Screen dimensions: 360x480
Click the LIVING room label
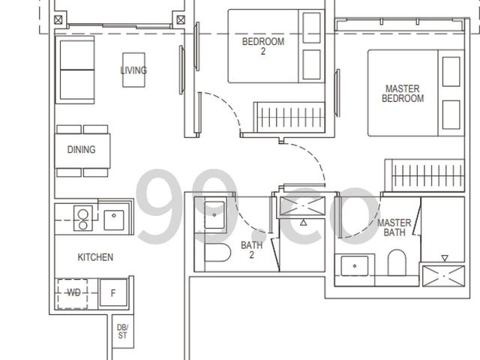(x=133, y=70)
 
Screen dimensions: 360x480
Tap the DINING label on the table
(x=81, y=149)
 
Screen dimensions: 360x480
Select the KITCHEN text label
(x=95, y=257)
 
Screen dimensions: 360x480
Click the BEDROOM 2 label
(x=262, y=47)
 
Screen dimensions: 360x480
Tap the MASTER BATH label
(x=394, y=227)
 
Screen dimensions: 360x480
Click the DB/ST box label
(x=122, y=331)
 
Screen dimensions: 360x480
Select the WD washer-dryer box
(x=73, y=293)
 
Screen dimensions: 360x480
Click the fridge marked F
(x=113, y=293)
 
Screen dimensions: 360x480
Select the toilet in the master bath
(x=396, y=262)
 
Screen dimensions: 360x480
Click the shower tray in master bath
(x=442, y=275)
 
